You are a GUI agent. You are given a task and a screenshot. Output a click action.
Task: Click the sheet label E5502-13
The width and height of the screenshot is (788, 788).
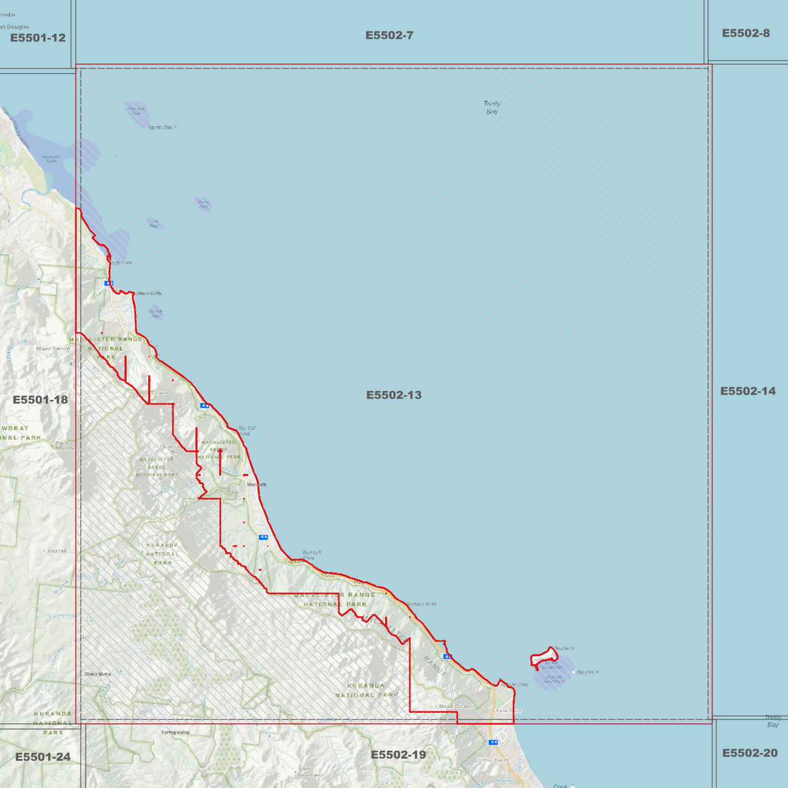click(394, 395)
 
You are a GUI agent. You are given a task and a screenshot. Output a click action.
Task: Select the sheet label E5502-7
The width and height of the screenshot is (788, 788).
click(389, 35)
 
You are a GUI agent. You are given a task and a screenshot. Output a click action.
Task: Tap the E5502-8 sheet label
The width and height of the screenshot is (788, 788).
click(745, 33)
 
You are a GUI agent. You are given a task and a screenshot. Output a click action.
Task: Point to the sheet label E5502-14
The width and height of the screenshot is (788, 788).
click(748, 391)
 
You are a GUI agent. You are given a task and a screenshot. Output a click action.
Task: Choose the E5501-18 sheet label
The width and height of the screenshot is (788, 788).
click(40, 400)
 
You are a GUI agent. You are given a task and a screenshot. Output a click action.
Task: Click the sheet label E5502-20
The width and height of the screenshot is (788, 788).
click(750, 753)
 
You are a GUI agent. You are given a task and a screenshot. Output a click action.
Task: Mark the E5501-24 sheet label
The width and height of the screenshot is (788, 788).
click(43, 757)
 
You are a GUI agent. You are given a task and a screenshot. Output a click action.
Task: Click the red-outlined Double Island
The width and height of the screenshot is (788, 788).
click(544, 658)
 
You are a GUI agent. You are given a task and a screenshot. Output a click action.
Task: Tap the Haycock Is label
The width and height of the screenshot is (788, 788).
click(587, 672)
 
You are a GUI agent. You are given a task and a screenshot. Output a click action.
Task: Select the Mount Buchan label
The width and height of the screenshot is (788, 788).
click(456, 706)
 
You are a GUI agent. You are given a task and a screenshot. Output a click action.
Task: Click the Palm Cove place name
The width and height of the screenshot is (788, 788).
click(509, 711)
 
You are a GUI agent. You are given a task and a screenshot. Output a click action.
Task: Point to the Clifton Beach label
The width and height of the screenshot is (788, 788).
click(492, 760)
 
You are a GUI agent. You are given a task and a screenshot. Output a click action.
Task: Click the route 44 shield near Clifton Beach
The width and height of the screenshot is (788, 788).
click(494, 742)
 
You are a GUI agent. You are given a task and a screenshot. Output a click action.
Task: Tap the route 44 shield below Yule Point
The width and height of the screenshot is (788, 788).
click(109, 284)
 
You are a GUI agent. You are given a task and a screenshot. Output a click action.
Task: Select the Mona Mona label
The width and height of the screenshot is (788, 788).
click(98, 674)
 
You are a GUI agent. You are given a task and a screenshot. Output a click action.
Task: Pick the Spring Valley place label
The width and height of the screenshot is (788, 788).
click(176, 732)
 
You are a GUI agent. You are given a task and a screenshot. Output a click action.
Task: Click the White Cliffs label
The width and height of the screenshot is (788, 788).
click(149, 293)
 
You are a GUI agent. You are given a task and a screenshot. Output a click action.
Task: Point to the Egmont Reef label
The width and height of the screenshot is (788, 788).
click(161, 127)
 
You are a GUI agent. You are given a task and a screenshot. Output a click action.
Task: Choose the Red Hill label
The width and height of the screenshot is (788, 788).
click(56, 551)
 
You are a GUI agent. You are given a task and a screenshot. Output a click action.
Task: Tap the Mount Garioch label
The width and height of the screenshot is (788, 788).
click(53, 348)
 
